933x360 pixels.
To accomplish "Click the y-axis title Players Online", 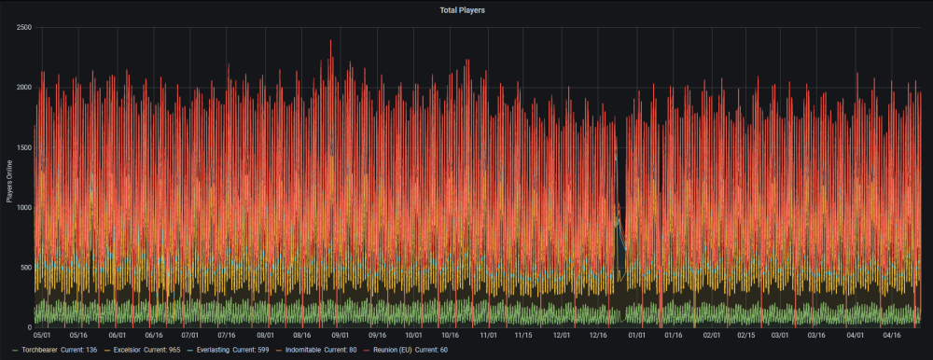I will click(9, 178).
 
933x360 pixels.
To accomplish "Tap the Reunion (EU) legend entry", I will click(407, 350).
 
